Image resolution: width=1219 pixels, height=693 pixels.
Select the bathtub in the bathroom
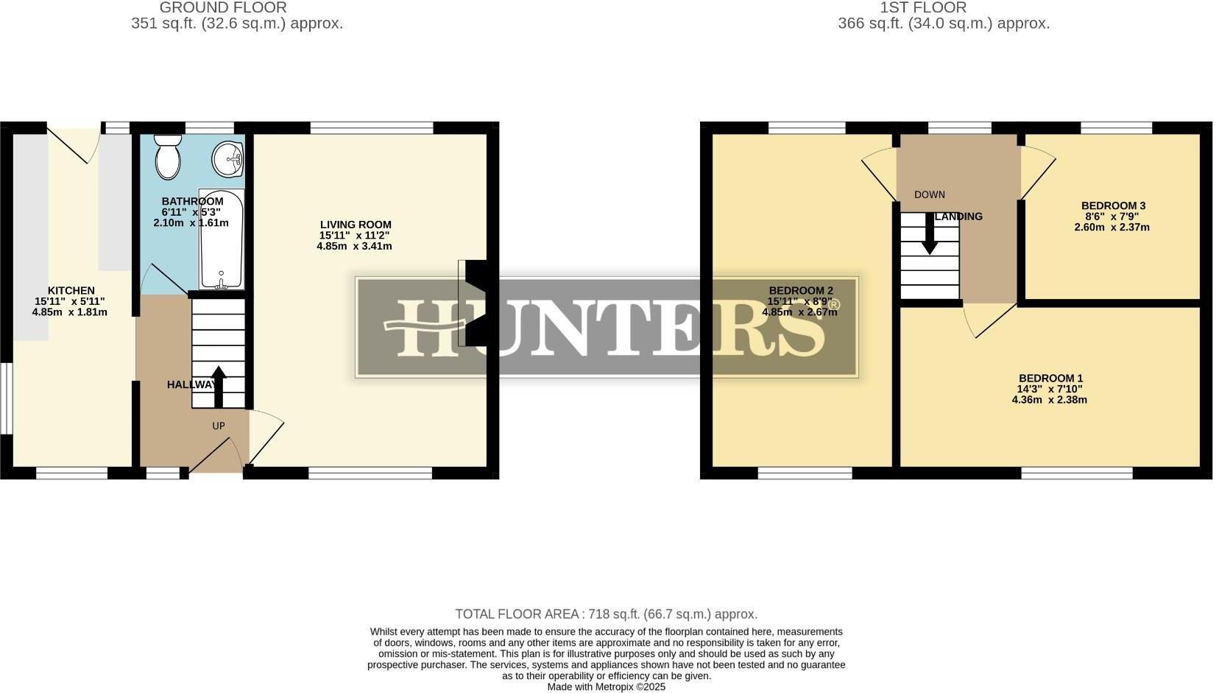pos(221,239)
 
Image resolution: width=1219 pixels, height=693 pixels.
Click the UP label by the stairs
pos(219,426)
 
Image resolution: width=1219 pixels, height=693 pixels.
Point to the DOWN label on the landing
pos(930,194)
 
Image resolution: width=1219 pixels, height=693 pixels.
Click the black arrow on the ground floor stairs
pos(219,387)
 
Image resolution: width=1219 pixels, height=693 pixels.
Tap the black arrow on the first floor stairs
pos(930,234)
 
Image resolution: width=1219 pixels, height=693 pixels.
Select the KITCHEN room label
pos(71,290)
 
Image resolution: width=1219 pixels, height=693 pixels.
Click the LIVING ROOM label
pos(356,225)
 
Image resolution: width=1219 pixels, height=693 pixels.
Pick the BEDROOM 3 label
pos(1113,205)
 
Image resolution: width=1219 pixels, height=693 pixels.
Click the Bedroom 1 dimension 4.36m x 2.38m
pos(1050,400)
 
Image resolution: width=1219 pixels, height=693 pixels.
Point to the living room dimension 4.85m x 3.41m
pos(354,246)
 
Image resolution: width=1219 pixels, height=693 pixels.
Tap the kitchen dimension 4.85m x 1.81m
pos(70,312)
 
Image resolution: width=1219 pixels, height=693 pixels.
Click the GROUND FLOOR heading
pos(223,8)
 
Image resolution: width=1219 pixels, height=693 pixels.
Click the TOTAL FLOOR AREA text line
pos(606,614)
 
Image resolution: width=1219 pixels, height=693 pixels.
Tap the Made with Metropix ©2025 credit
pos(606,686)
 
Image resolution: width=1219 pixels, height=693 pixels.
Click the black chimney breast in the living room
pos(477,303)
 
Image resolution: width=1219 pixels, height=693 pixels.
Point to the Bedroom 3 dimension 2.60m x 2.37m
pos(1112,227)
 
